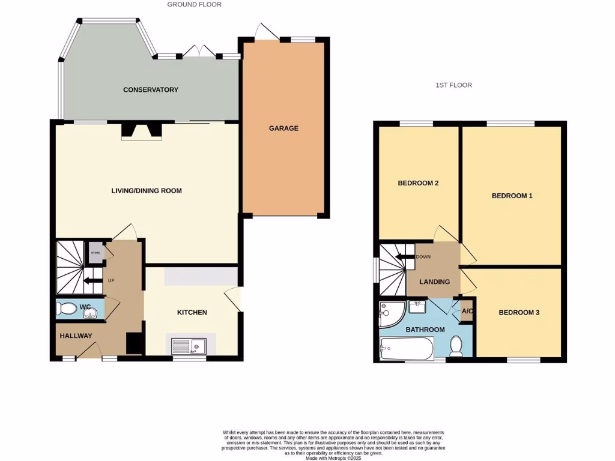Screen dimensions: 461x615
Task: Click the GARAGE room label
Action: pos(283,128)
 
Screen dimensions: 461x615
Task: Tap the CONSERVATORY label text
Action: pos(151,89)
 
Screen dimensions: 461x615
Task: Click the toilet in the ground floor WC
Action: pos(65,309)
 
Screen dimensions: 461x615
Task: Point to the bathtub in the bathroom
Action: pos(407,348)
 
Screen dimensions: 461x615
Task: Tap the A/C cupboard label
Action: pos(466,312)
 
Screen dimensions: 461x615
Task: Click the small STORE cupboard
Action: pos(95,252)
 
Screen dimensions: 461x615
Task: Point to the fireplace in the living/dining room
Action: pos(141,131)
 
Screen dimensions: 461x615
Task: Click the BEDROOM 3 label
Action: pos(519,312)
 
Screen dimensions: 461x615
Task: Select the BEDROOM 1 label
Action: pos(512,196)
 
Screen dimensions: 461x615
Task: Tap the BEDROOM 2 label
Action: pos(419,183)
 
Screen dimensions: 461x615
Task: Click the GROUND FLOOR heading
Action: pos(194,4)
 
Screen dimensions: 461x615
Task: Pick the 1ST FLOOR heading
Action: pos(453,85)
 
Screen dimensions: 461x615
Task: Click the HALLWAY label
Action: pos(76,336)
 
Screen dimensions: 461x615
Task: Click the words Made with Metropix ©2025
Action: pos(333,458)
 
